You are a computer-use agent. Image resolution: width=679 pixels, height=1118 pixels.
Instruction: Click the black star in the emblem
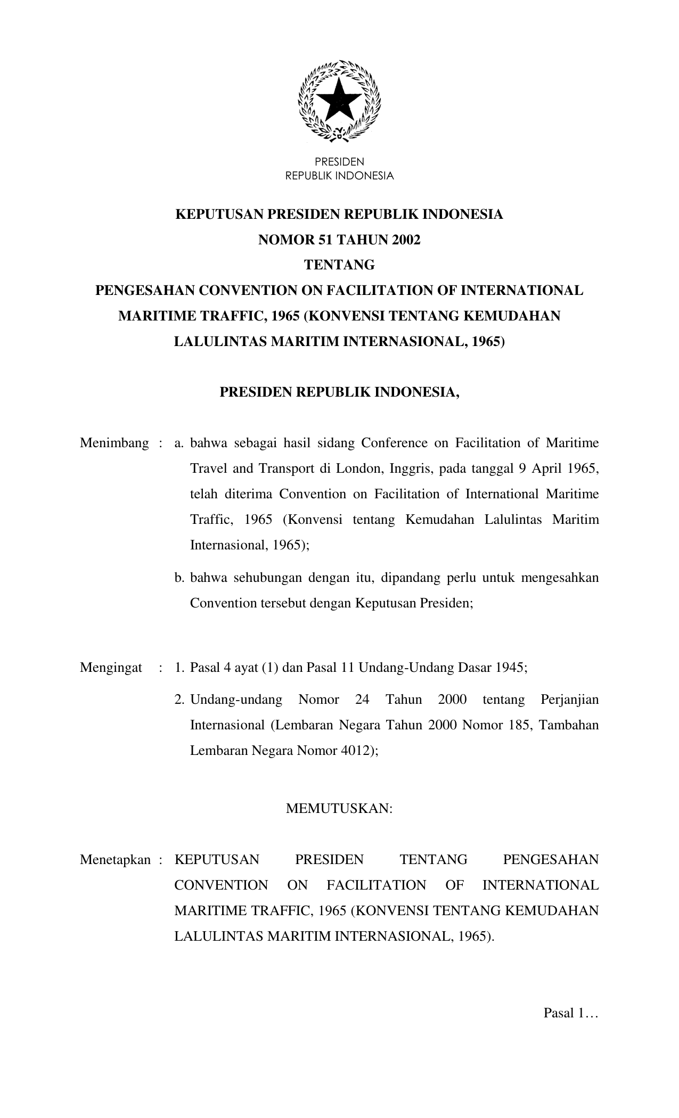(339, 100)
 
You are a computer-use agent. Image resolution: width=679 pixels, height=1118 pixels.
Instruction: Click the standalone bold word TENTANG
(339, 265)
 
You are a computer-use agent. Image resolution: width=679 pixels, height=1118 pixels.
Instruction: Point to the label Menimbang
(114, 443)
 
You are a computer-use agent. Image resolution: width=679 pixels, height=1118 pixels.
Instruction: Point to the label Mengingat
(111, 668)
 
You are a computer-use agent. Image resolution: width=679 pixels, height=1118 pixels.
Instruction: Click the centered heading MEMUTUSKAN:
(339, 809)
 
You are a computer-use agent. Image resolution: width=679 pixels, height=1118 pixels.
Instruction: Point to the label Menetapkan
(116, 860)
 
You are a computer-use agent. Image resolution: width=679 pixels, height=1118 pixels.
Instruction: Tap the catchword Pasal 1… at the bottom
(571, 1013)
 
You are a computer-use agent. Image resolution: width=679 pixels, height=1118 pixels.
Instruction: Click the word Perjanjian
(569, 700)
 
